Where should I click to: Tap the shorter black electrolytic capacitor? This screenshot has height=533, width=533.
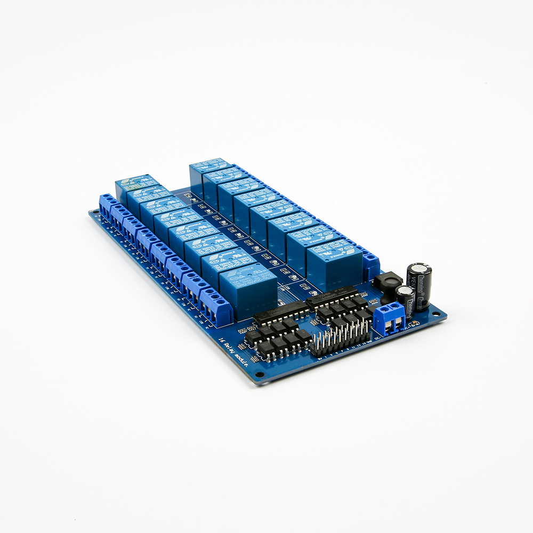tap(406, 302)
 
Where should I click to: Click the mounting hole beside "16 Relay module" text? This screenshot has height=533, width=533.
tap(260, 374)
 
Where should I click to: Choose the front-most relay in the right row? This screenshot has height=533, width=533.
tap(334, 264)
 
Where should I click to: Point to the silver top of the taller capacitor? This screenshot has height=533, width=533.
tap(419, 266)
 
